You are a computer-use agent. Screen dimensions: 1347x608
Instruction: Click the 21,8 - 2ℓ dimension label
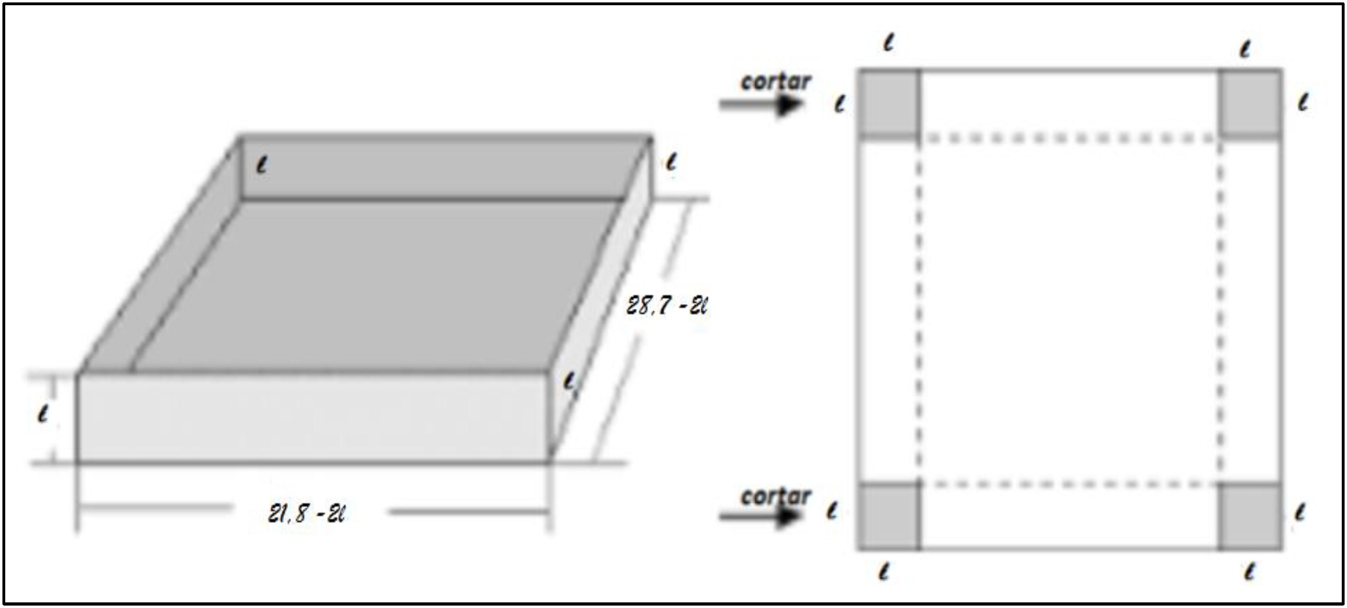[306, 514]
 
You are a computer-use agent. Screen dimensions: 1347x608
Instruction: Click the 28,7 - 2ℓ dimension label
[666, 305]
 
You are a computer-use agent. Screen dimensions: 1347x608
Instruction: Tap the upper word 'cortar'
[776, 82]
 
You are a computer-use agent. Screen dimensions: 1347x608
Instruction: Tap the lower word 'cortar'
[776, 496]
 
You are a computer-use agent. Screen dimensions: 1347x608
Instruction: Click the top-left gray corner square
[890, 103]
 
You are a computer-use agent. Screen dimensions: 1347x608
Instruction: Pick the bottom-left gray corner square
[890, 516]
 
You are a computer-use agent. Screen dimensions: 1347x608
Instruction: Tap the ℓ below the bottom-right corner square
[1249, 572]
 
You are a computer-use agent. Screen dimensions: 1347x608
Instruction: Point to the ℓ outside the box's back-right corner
[671, 162]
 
